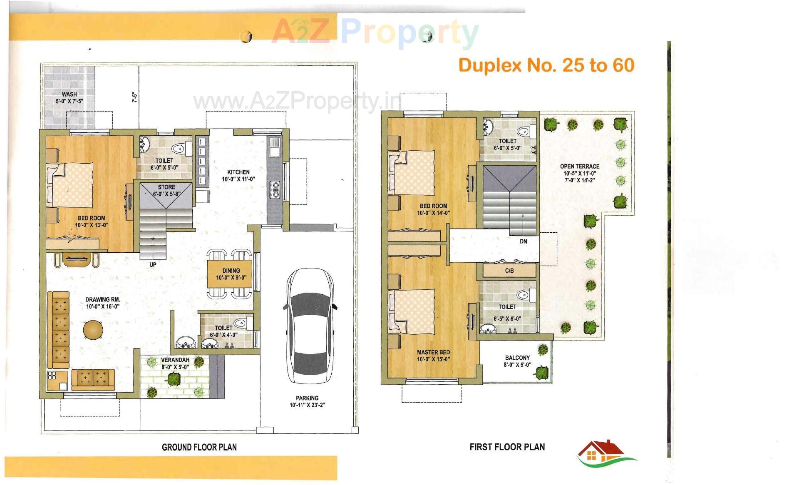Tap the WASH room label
69,95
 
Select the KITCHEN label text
238,172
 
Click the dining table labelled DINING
230,274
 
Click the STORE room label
166,187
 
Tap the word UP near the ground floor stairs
153,264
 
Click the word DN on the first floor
523,241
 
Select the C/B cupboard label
509,271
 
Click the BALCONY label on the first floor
517,358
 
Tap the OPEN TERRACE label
579,166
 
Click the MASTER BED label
433,352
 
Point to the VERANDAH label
175,360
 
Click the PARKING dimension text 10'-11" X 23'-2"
307,405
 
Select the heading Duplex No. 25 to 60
546,65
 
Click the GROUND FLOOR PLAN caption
199,447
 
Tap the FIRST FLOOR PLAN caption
507,447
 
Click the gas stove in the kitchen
275,189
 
